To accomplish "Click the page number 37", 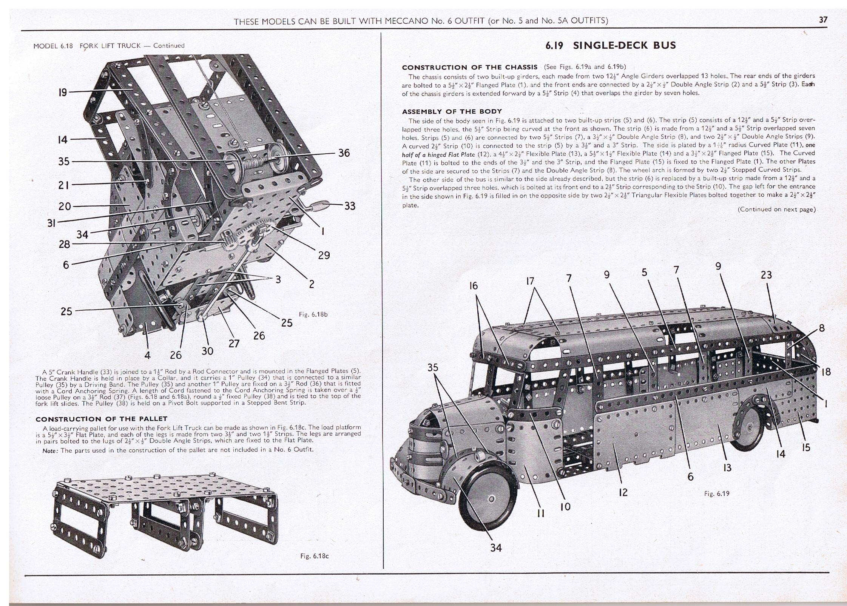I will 823,20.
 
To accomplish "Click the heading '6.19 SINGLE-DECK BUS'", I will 609,46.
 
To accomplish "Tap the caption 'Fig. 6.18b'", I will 313,314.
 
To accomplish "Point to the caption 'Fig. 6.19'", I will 717,493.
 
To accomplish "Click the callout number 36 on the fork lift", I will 344,153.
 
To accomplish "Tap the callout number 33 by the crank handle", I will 350,206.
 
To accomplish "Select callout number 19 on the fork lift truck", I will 63,92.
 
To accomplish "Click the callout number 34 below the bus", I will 496,547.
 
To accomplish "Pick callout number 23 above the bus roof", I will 766,275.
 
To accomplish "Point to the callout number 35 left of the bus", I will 433,367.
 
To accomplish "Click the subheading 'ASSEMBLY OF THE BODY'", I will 452,111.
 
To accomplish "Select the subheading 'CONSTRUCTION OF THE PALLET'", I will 101,419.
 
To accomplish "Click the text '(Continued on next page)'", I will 776,209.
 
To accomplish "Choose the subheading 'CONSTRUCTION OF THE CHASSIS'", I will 469,68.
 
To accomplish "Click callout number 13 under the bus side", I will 727,468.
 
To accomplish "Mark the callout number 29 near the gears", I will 324,255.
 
